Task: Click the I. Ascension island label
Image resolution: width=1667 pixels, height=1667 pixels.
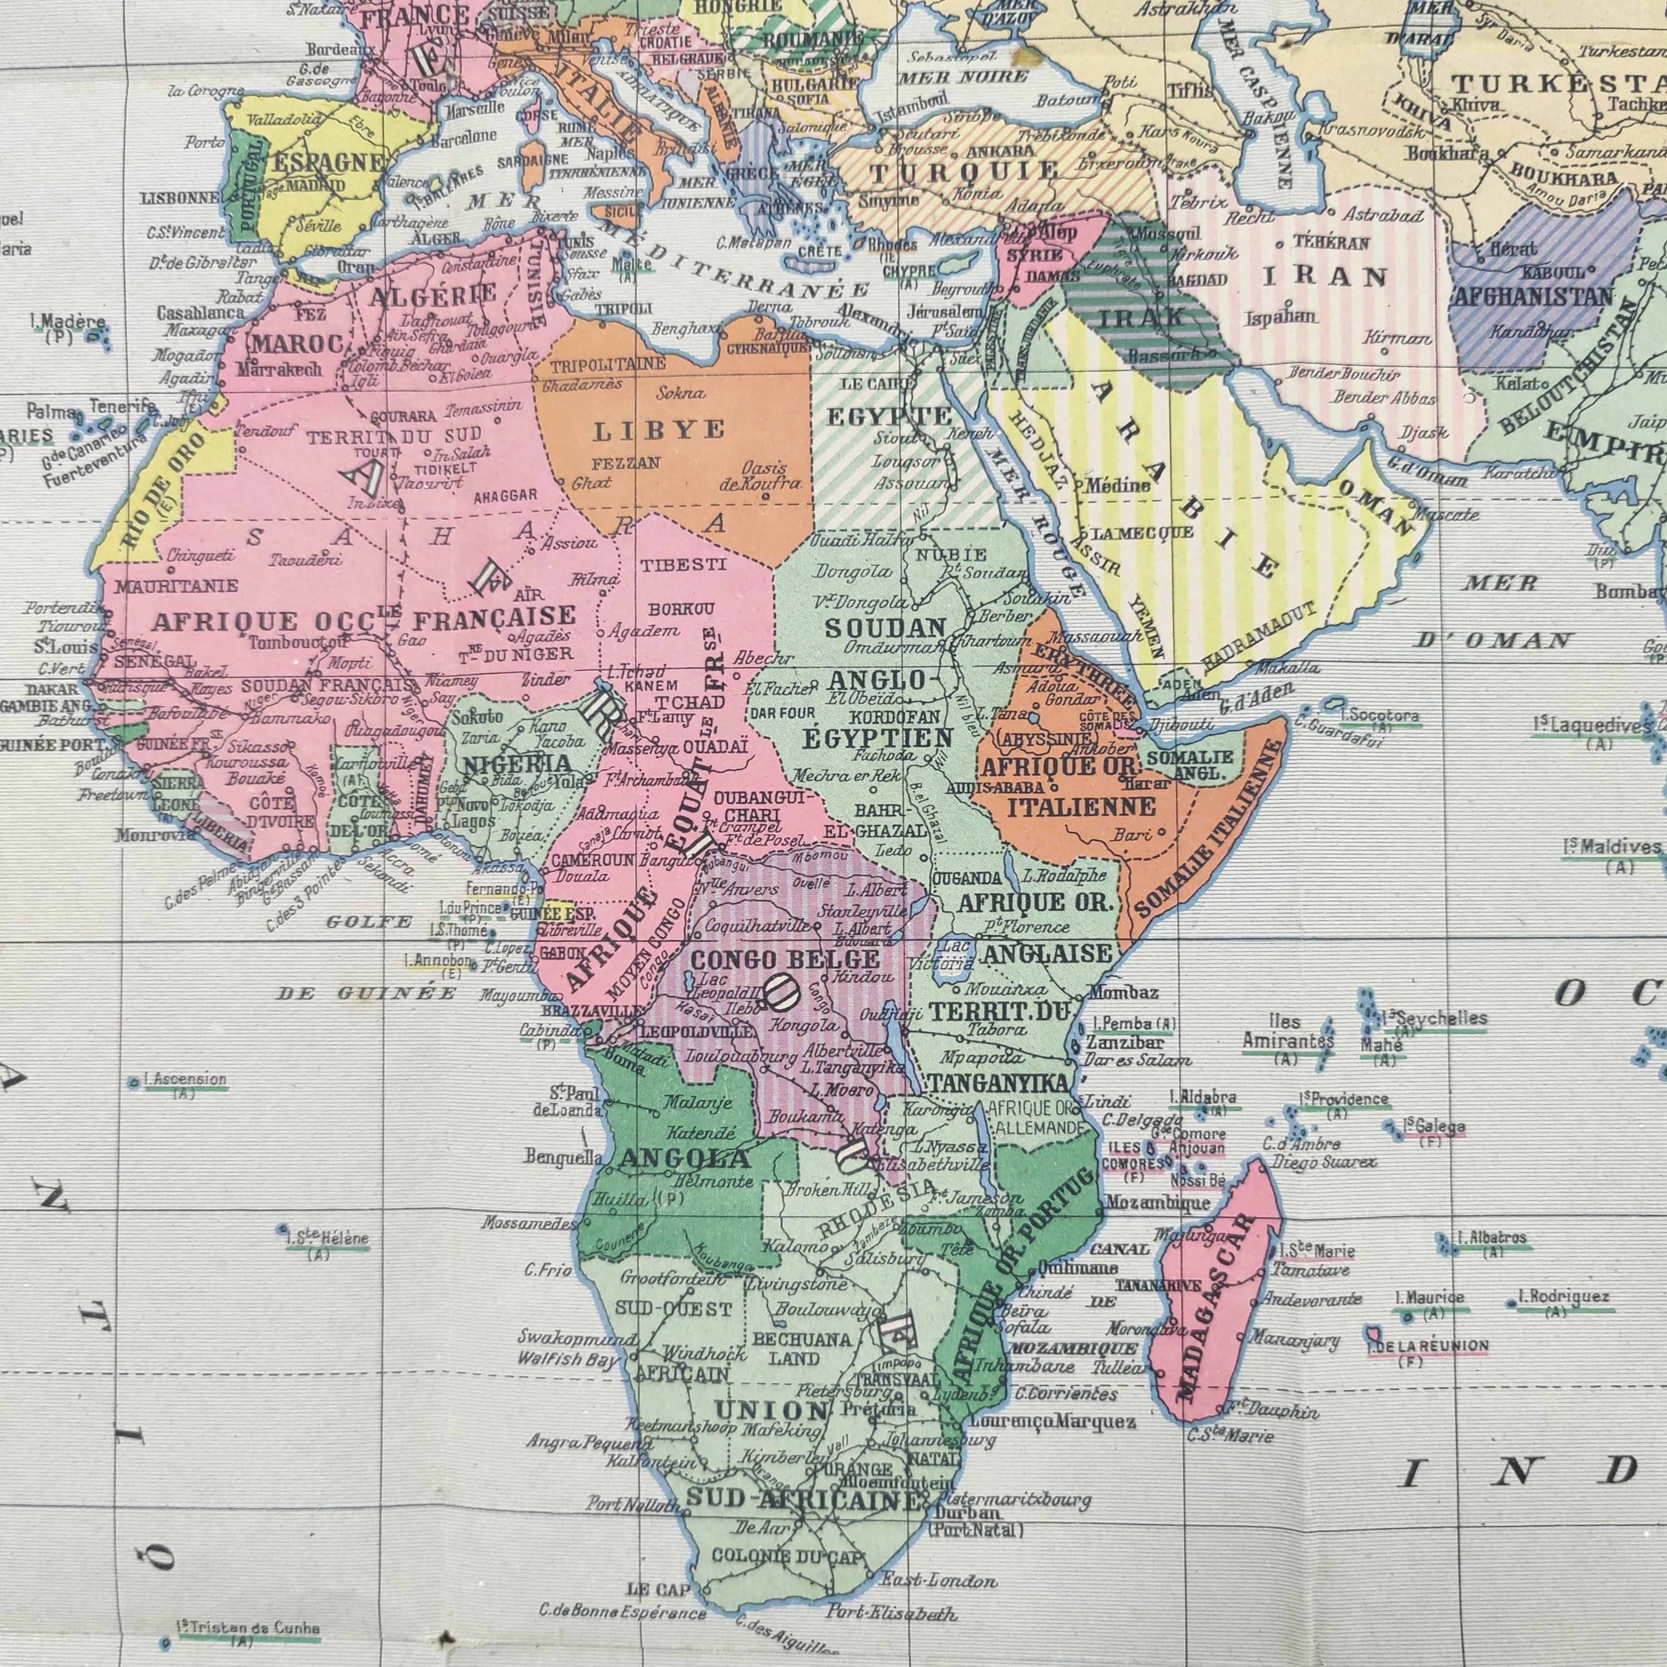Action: [184, 1080]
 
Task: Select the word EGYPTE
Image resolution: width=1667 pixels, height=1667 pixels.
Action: [889, 418]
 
